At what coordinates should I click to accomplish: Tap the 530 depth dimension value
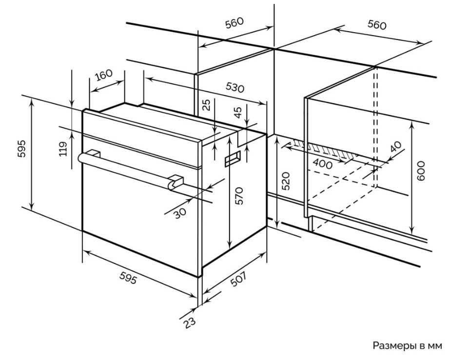coord(235,87)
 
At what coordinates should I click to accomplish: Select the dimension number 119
coord(63,149)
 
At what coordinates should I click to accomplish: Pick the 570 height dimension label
coord(239,196)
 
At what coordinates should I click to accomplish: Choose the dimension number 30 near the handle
coord(180,212)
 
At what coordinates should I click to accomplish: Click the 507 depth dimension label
coord(238,279)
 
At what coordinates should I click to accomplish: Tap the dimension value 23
coord(189,322)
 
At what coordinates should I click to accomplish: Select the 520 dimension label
coord(286,181)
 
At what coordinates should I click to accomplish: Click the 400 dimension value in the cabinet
coord(323,164)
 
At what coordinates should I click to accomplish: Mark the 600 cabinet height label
coord(421,171)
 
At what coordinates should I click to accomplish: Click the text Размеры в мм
coord(407,345)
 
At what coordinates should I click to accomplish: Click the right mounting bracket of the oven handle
coord(176,182)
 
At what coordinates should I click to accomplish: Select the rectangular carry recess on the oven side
coord(233,158)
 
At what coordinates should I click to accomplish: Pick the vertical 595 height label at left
coord(23,149)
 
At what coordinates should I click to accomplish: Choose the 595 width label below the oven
coord(128,278)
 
